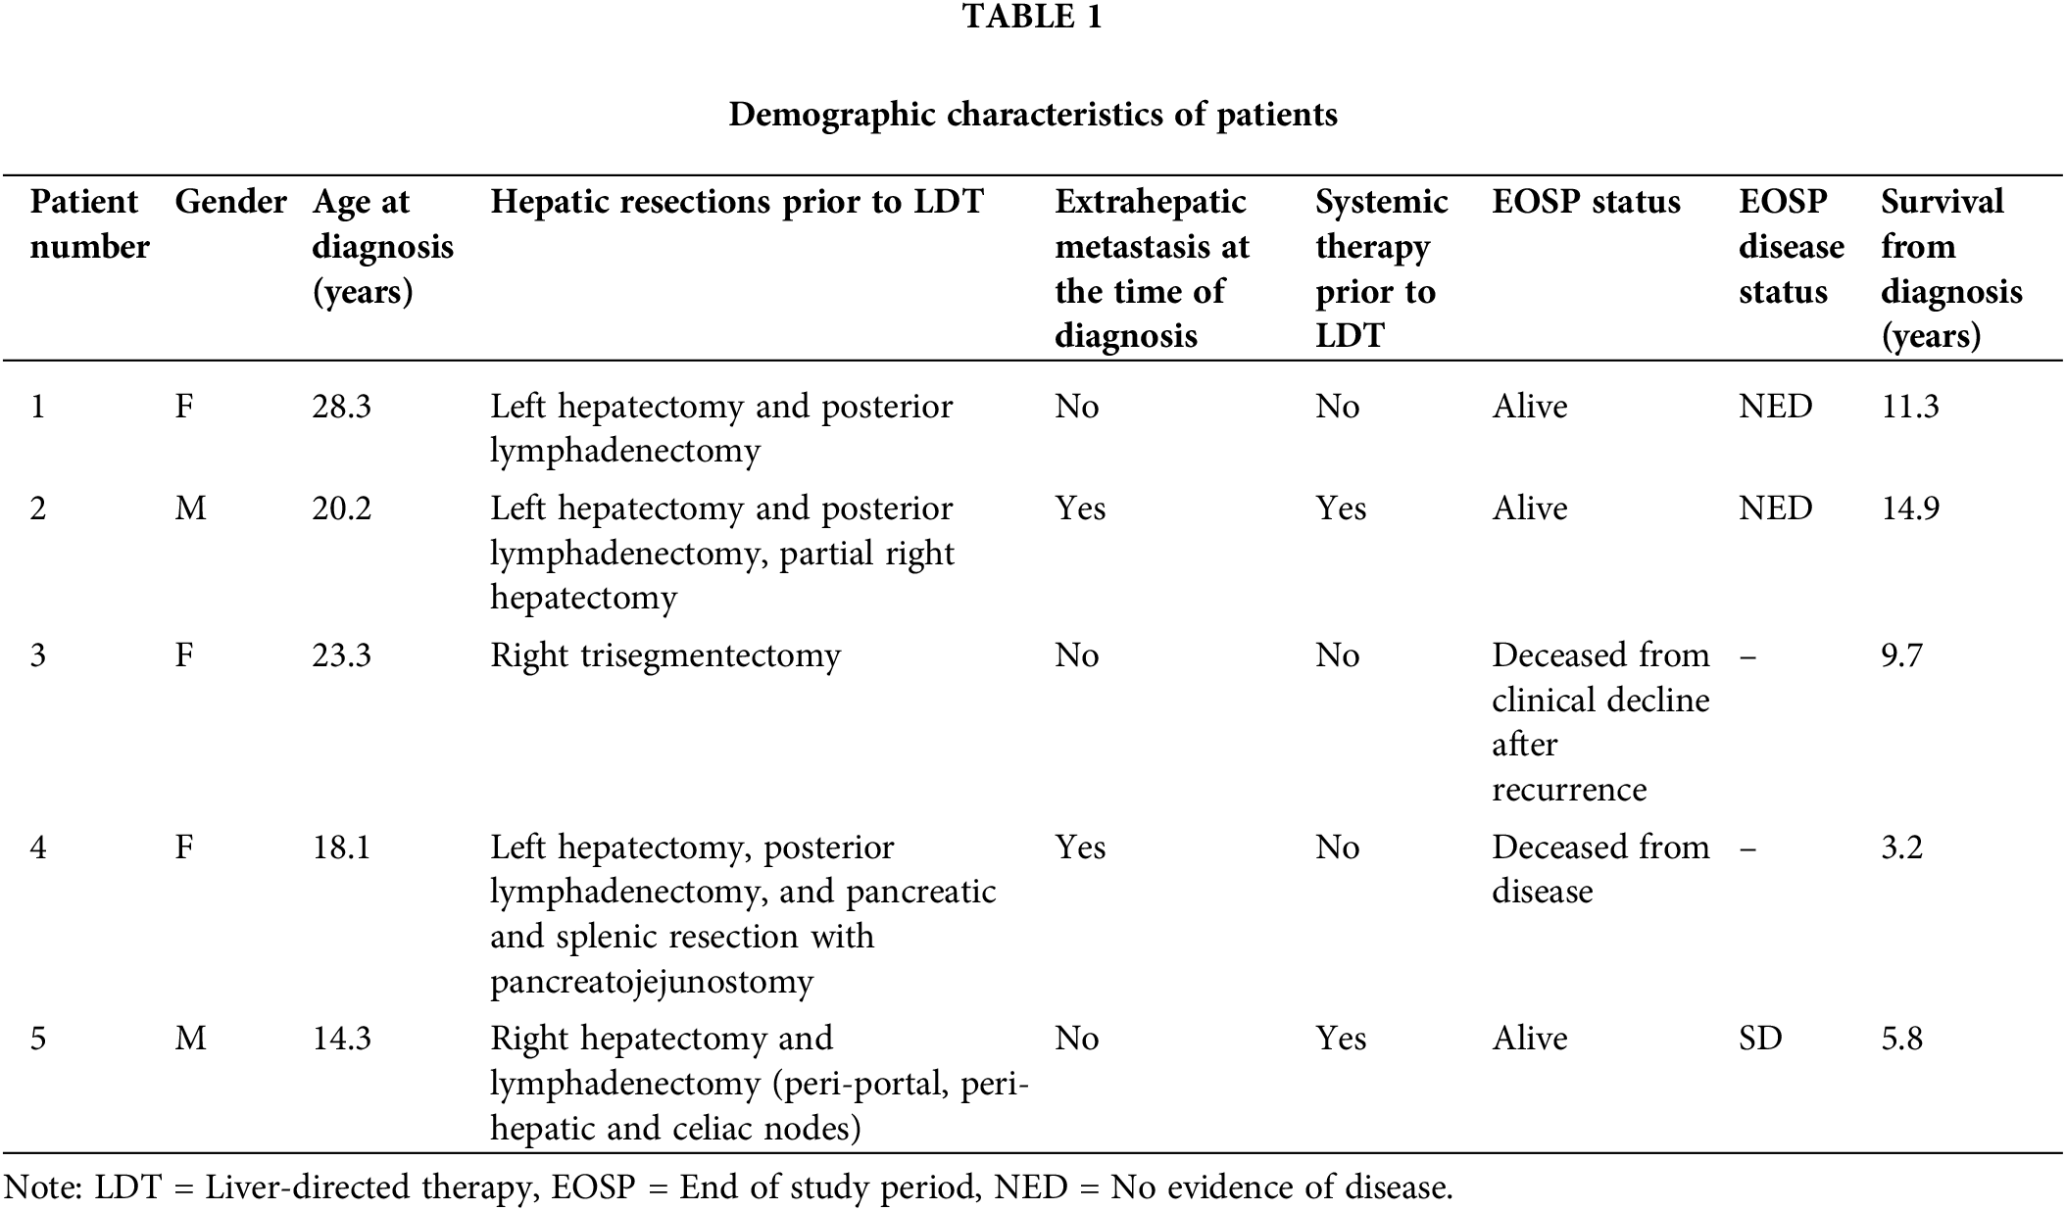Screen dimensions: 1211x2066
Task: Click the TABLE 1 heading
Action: coord(1032,18)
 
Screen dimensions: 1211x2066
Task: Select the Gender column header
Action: coord(230,202)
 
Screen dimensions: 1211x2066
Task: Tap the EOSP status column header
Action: coord(1586,202)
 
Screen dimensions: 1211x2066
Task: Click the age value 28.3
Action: coord(341,407)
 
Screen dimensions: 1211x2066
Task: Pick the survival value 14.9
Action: coord(1909,509)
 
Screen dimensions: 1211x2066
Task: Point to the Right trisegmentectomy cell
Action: coord(665,655)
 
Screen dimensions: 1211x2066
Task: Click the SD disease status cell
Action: coord(1759,1039)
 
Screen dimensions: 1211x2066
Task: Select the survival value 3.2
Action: coord(1901,848)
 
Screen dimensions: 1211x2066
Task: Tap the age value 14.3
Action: coord(341,1039)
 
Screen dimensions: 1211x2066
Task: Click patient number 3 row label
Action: coord(38,655)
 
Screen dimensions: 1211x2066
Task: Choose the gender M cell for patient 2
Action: coord(190,509)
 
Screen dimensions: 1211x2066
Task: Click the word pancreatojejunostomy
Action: coord(652,982)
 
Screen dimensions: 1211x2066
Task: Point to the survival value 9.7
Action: coord(1901,655)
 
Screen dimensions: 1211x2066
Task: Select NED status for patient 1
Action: coord(1775,407)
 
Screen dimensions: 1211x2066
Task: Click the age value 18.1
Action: coord(341,848)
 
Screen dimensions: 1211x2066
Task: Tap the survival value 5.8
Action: coord(1901,1039)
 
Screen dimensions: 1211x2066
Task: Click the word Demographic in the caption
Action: coord(831,115)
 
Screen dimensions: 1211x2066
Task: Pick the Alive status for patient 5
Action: coord(1529,1039)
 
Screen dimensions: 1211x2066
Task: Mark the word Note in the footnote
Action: coord(40,1187)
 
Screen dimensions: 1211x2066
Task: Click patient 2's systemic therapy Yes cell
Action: coord(1340,509)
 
